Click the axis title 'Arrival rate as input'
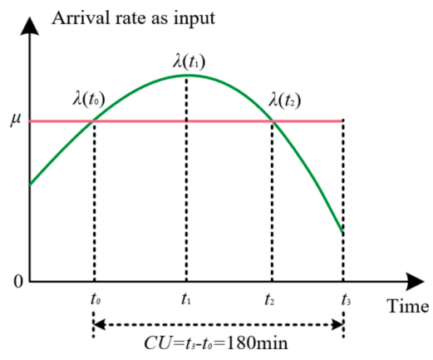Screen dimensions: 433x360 [x=133, y=19]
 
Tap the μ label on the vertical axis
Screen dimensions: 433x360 [x=16, y=120]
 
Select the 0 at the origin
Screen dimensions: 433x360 [x=18, y=282]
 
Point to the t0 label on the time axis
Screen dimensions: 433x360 [x=96, y=299]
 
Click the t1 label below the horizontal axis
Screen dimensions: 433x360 [x=186, y=299]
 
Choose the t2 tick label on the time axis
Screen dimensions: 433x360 [x=269, y=299]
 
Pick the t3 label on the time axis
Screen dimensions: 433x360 [x=346, y=299]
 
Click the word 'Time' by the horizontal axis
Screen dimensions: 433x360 [x=408, y=306]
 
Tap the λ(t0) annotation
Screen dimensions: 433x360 [x=89, y=100]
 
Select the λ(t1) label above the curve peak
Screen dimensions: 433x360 [x=189, y=62]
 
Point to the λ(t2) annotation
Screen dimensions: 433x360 [x=285, y=101]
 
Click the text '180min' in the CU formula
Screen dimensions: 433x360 [x=257, y=343]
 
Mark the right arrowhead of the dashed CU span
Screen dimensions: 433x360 [x=337, y=324]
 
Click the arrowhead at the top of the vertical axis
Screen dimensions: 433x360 [x=30, y=26]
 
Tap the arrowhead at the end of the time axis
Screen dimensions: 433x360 [x=415, y=282]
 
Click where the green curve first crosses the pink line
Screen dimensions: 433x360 [x=93, y=121]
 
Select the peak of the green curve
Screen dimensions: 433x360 [x=189, y=75]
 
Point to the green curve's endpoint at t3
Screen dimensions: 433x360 [x=343, y=232]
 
